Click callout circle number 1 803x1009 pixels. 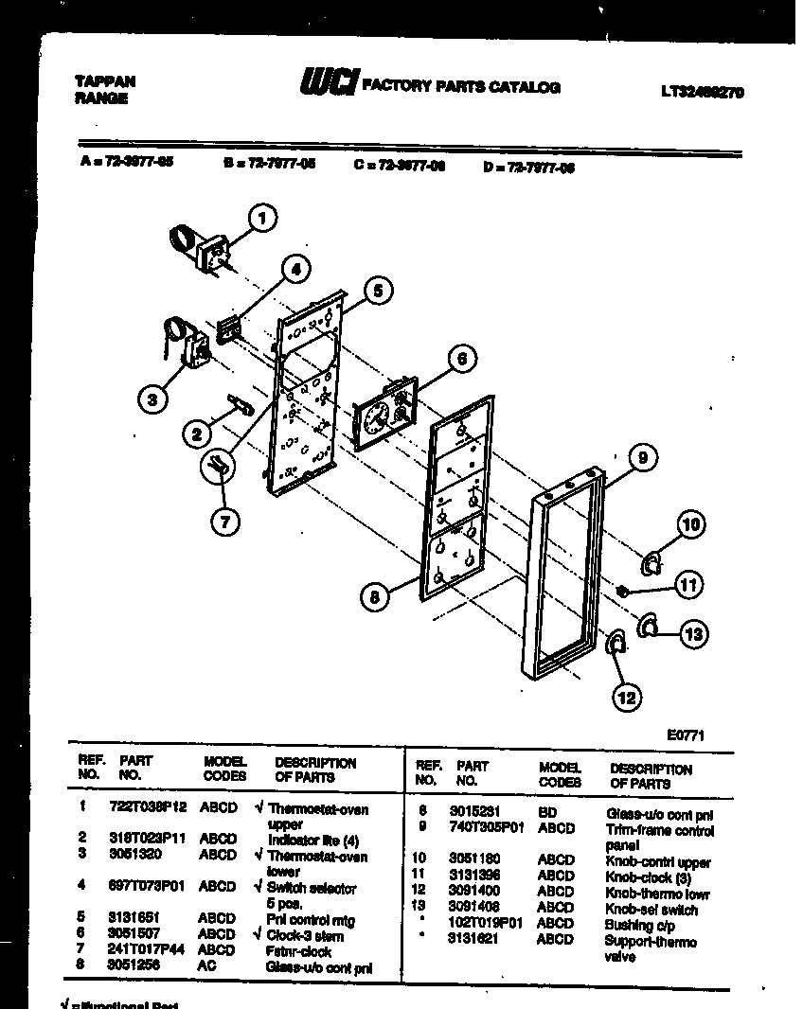click(x=261, y=220)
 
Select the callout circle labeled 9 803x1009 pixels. click(x=641, y=459)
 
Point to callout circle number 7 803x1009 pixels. click(x=225, y=520)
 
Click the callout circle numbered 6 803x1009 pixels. click(x=459, y=359)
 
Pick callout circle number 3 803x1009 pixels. click(x=152, y=399)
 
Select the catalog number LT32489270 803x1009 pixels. click(x=701, y=93)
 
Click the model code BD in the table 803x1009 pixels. click(x=548, y=813)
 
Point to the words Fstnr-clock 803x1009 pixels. click(x=299, y=952)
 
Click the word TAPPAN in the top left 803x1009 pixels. click(x=104, y=81)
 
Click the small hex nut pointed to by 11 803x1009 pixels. click(x=621, y=591)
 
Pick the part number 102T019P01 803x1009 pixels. click(x=486, y=924)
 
